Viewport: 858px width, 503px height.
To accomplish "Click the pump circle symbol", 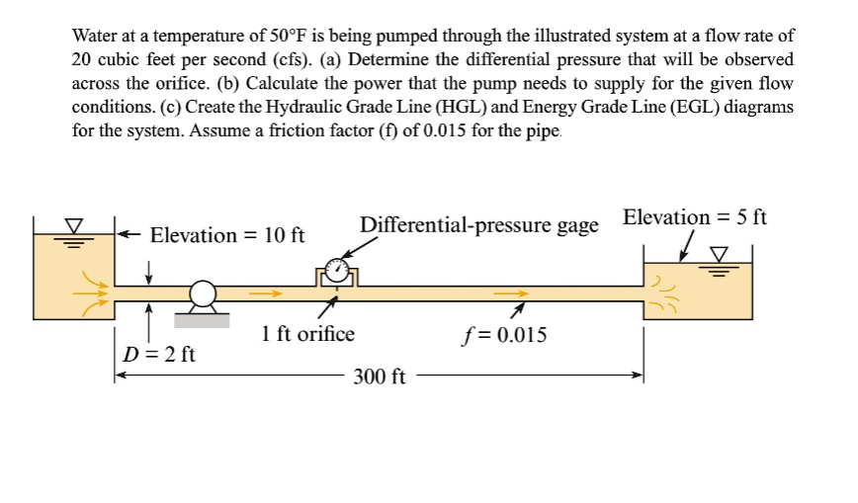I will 203,293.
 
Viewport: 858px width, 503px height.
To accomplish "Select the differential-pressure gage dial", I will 338,269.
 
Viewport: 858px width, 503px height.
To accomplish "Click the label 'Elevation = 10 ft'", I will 226,235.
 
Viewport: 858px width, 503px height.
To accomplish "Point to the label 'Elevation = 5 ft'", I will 695,217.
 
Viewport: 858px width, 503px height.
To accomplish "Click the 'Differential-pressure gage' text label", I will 479,225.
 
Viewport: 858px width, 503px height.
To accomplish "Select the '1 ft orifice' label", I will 307,334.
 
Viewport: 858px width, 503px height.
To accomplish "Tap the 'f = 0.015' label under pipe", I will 503,334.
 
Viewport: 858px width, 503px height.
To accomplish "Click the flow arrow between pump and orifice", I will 264,293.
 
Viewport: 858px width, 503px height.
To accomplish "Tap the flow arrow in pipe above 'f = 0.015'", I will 510,293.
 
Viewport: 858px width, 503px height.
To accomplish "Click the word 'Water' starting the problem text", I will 96,35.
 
